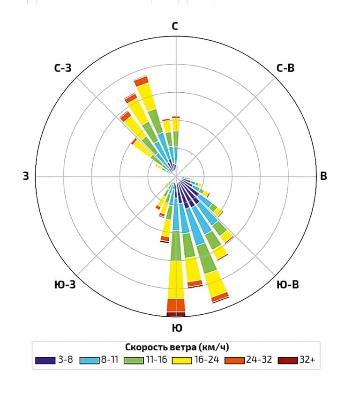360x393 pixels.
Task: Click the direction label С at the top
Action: pyautogui.click(x=175, y=26)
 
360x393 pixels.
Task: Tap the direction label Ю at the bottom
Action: pyautogui.click(x=177, y=328)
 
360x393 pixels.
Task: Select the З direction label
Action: pyautogui.click(x=26, y=177)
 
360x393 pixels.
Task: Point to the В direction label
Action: pyautogui.click(x=323, y=177)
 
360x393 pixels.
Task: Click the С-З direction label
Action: pyautogui.click(x=63, y=68)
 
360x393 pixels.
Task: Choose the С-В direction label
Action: pyautogui.click(x=285, y=68)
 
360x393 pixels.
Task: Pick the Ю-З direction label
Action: pyautogui.click(x=65, y=284)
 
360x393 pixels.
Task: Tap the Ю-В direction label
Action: pyautogui.click(x=288, y=284)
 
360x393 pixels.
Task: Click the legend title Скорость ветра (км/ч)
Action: pyautogui.click(x=177, y=347)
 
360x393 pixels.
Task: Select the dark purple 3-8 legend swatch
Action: pyautogui.click(x=45, y=361)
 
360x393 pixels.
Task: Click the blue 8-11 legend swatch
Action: pyautogui.click(x=89, y=361)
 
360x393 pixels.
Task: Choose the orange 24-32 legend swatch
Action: pyautogui.click(x=234, y=361)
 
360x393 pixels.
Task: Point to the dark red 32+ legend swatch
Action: pyautogui.click(x=287, y=361)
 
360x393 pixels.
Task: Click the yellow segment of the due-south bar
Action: pyautogui.click(x=176, y=279)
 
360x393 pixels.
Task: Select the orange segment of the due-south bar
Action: pyautogui.click(x=176, y=305)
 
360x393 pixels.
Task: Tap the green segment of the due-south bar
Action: pyautogui.click(x=176, y=245)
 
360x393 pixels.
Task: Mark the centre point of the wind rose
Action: pyautogui.click(x=176, y=177)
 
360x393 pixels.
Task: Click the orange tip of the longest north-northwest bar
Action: pyautogui.click(x=141, y=81)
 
